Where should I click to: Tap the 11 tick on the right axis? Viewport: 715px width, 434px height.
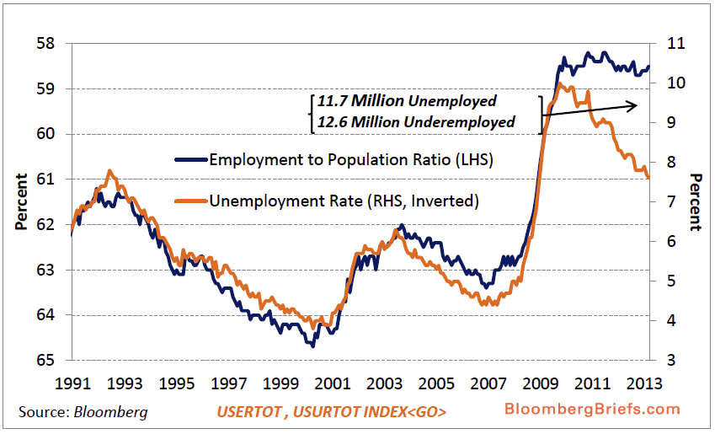click(x=675, y=43)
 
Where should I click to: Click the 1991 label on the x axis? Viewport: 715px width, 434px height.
click(x=72, y=383)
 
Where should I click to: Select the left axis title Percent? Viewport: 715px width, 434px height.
click(x=20, y=201)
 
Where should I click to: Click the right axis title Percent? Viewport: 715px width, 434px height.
click(x=696, y=201)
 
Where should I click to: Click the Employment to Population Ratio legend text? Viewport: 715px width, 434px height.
click(x=350, y=159)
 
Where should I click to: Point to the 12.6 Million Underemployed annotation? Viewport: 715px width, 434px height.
click(x=416, y=121)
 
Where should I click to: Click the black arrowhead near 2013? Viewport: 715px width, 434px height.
click(x=633, y=104)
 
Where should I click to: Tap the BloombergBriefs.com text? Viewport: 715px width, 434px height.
click(x=592, y=409)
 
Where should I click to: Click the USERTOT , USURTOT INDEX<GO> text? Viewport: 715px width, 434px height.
click(x=331, y=412)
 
